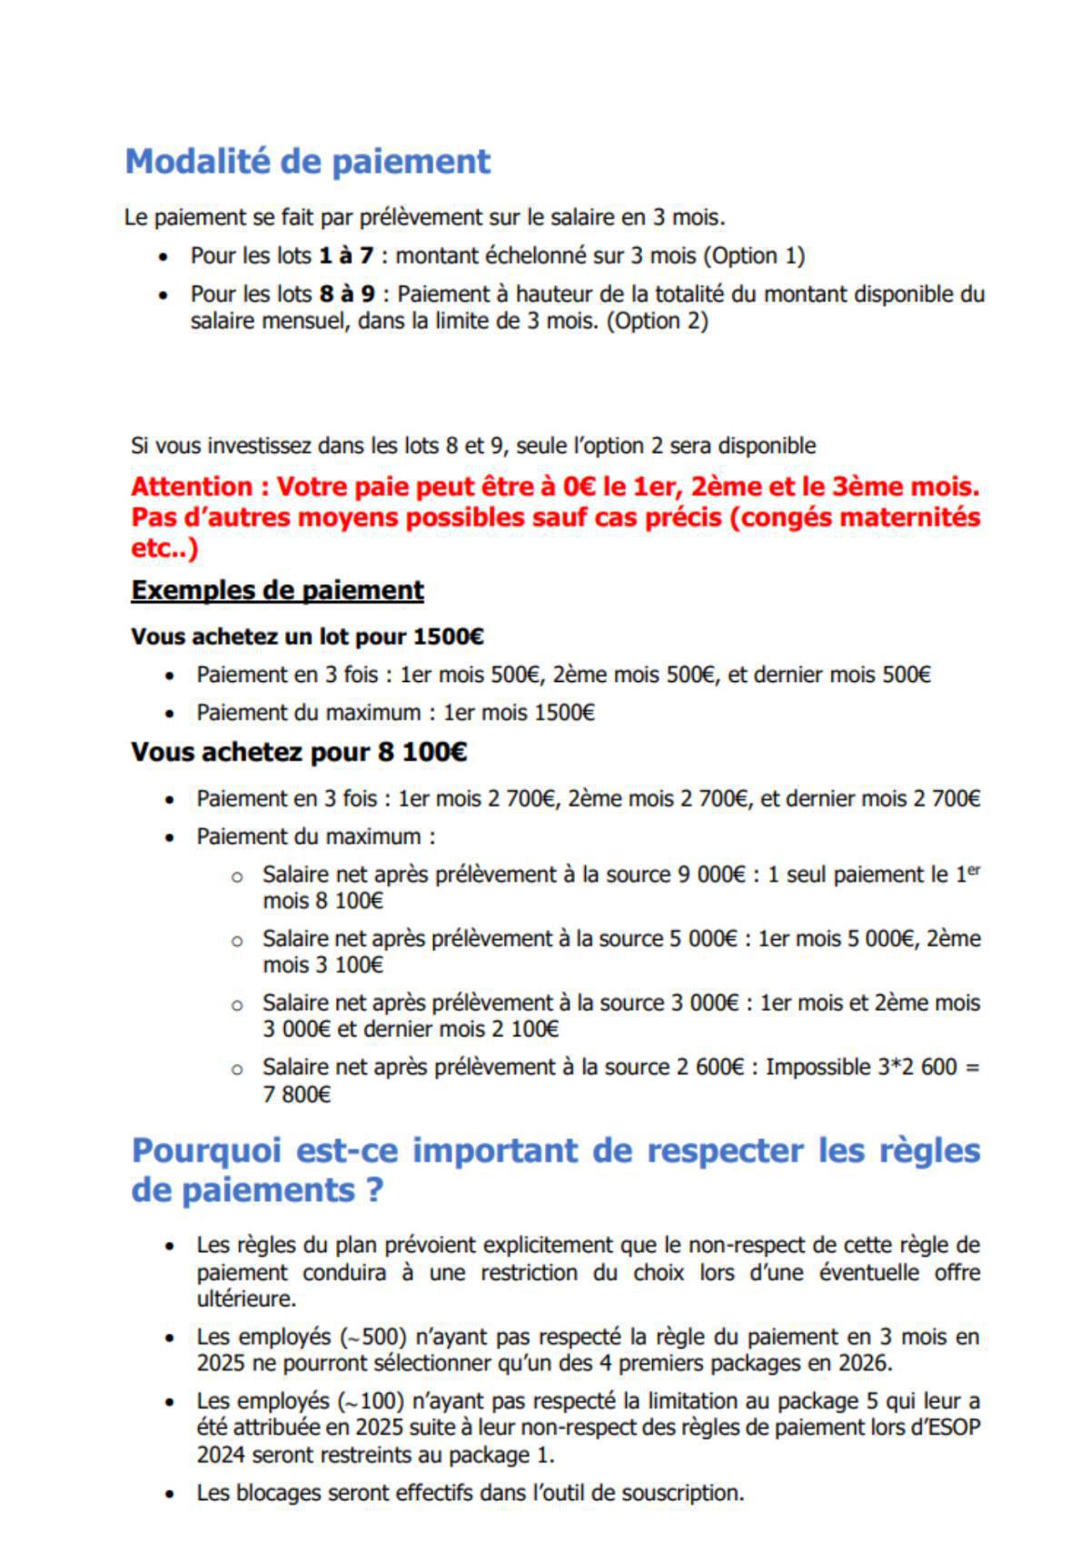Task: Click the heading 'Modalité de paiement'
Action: [307, 162]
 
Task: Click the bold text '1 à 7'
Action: [346, 256]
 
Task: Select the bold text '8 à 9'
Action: [346, 294]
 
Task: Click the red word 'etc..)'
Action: [164, 548]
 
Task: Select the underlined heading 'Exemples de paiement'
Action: [277, 590]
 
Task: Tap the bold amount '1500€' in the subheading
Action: [448, 637]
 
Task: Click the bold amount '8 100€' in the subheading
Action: [425, 752]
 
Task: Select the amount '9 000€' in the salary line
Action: [711, 874]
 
